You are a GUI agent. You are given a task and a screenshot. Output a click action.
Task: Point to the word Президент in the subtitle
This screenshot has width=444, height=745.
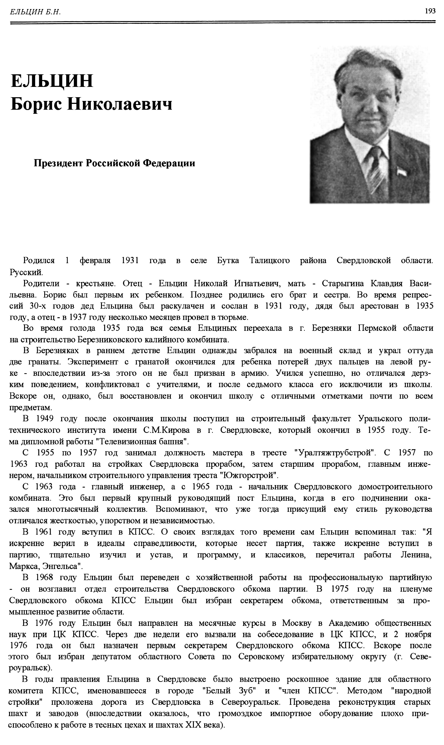58,163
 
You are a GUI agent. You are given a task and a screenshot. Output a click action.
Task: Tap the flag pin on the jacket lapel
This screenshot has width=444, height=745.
400,172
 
